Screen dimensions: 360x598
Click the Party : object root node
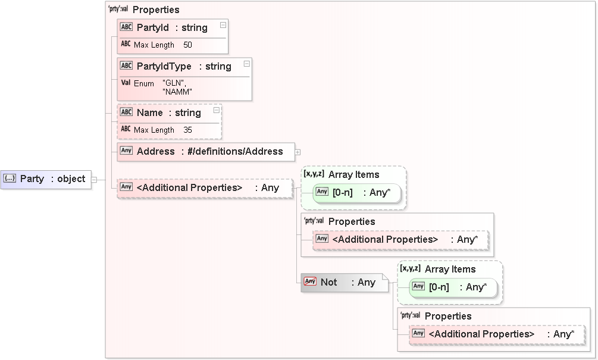point(46,179)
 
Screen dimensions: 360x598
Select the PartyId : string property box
point(171,27)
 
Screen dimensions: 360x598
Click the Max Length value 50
point(187,45)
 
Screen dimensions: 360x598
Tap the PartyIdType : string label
point(183,66)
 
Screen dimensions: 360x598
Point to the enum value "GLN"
point(174,83)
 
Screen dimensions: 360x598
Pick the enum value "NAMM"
point(177,92)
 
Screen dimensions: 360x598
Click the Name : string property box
point(168,112)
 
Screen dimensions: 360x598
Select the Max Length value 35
point(187,130)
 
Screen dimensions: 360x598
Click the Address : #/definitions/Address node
point(205,151)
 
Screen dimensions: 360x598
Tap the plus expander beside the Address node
point(298,152)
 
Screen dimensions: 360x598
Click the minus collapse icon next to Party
point(94,179)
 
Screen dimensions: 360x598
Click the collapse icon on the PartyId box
point(223,25)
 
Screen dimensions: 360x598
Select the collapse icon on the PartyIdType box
point(246,63)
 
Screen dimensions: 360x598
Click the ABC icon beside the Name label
point(126,112)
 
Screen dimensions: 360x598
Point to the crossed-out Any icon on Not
point(309,281)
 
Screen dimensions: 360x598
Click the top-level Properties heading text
point(156,10)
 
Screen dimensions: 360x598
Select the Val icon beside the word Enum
point(126,83)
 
